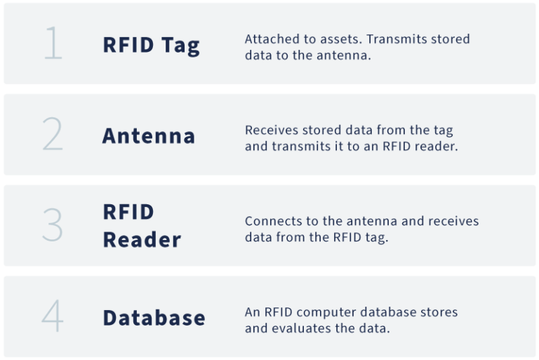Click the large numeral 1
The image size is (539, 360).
click(53, 44)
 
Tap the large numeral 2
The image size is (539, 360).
click(53, 134)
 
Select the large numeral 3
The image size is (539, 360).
click(53, 225)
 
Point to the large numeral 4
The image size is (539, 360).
click(53, 316)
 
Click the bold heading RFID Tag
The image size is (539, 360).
click(151, 45)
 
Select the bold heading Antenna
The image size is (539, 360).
click(149, 135)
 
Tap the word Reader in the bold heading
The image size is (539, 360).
click(142, 239)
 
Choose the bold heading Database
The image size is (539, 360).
click(154, 317)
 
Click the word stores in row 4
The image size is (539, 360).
click(441, 312)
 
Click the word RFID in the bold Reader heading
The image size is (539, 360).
click(128, 212)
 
